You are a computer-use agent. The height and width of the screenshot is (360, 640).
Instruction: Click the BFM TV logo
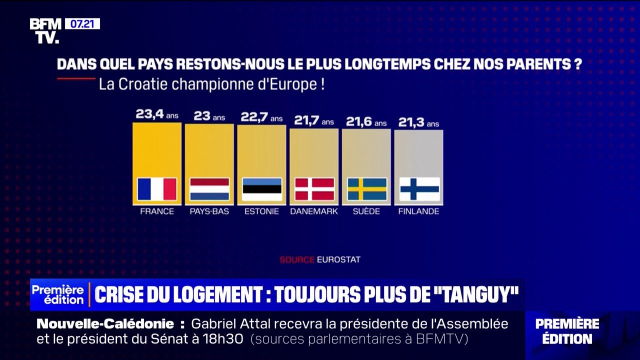tap(45, 30)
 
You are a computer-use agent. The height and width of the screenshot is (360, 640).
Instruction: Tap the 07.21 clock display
tap(82, 23)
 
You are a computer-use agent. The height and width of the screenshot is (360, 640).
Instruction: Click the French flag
tap(157, 189)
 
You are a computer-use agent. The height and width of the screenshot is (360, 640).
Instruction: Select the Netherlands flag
tap(209, 189)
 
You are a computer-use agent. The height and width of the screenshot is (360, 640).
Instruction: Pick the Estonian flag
tap(262, 189)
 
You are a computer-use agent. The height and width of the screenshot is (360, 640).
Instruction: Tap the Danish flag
tap(314, 189)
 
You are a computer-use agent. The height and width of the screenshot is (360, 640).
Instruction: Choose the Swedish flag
tap(367, 189)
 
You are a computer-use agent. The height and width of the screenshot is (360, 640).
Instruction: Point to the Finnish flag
tap(419, 189)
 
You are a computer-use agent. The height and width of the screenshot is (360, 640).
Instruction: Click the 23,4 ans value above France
tap(156, 114)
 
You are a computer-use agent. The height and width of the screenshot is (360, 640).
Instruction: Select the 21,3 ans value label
tap(418, 122)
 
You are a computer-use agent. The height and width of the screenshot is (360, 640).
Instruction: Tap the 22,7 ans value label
tap(261, 117)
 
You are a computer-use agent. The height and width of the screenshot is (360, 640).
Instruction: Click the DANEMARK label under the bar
tap(314, 211)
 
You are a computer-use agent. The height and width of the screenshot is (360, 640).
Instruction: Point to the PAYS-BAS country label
tap(209, 211)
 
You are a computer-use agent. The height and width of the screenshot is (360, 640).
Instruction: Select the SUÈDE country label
tap(366, 211)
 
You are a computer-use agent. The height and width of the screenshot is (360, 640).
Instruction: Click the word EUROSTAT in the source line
tap(338, 259)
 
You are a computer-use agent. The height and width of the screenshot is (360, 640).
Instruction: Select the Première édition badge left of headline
tap(58, 295)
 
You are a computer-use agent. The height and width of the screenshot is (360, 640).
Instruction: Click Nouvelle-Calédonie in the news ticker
tap(105, 324)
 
